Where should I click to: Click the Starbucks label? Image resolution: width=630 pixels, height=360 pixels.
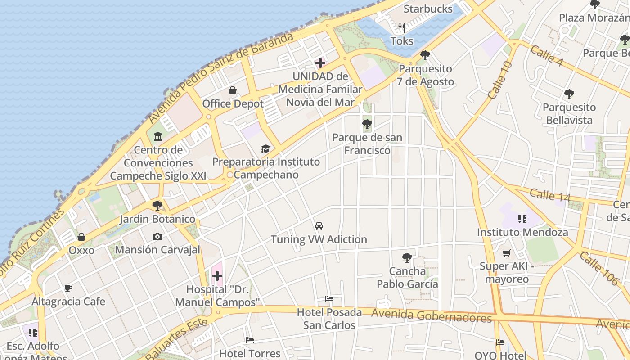click(427, 9)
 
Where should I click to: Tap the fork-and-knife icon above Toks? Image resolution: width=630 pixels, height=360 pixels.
click(402, 28)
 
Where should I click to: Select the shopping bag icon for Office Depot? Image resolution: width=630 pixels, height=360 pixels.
click(233, 91)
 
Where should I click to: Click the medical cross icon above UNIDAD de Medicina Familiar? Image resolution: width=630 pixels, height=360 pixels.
click(320, 63)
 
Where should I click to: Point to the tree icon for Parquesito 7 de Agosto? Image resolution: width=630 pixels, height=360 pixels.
click(425, 56)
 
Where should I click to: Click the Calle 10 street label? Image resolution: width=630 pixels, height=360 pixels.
click(500, 80)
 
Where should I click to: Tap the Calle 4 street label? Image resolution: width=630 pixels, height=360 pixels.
click(546, 56)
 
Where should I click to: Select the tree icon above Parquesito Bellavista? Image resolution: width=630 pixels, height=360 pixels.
click(569, 94)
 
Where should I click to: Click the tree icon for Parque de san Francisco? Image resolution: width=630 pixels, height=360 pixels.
click(367, 124)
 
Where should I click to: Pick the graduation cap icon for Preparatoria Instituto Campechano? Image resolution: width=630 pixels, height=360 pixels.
click(265, 149)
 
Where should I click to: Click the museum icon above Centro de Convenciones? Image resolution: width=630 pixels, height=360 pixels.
click(158, 136)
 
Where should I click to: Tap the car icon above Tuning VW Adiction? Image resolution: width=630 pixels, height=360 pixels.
click(319, 226)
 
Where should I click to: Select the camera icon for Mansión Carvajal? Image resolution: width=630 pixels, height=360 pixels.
click(157, 236)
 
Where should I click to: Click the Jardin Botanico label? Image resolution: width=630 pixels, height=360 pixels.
click(157, 220)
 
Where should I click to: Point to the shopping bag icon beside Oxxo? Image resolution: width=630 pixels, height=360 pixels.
click(81, 237)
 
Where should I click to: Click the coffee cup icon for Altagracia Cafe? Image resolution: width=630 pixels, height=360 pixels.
click(68, 288)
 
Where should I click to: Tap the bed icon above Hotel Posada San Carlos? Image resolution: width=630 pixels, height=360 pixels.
click(329, 299)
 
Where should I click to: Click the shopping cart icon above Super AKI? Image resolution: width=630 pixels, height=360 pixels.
click(506, 253)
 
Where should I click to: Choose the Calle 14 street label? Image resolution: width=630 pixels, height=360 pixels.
click(549, 195)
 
